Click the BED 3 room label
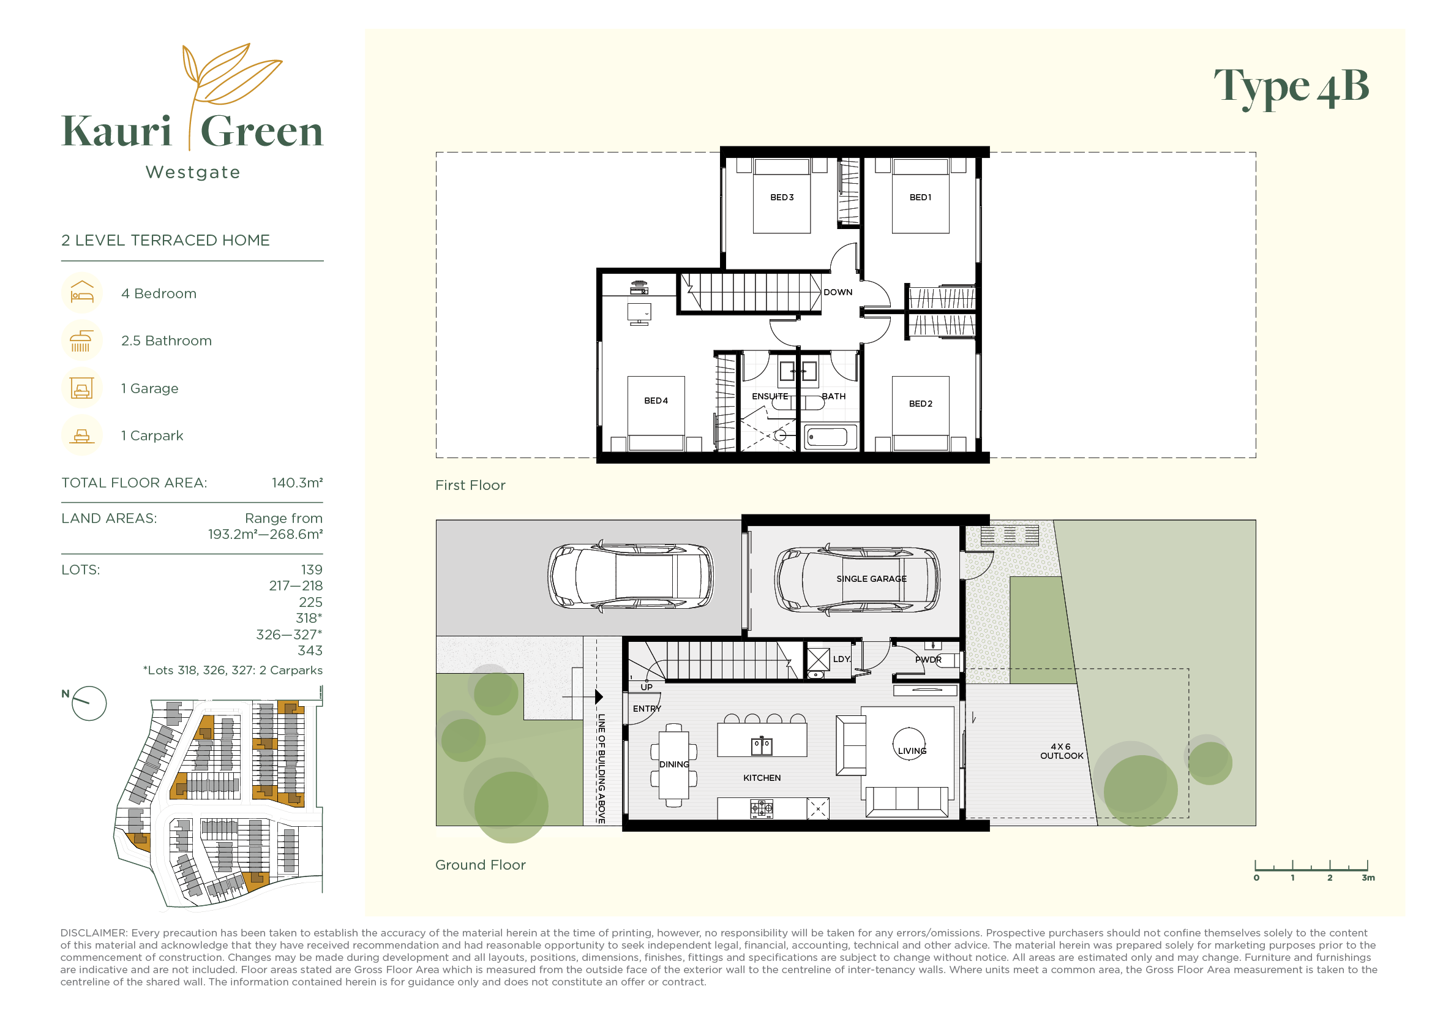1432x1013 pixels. (x=781, y=197)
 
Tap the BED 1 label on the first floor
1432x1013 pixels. (x=920, y=197)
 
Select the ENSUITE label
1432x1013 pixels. (x=770, y=396)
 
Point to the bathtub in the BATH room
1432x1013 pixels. (x=827, y=437)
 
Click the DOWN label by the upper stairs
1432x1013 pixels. (x=838, y=292)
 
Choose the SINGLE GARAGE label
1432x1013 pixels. (x=871, y=579)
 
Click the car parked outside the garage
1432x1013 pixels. (x=630, y=576)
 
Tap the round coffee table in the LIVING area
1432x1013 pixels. (x=909, y=744)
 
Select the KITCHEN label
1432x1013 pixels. (x=762, y=778)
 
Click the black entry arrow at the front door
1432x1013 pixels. (x=599, y=696)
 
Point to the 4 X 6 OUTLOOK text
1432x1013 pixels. (x=1062, y=751)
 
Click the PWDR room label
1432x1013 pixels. (x=928, y=660)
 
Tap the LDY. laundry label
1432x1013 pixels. (x=841, y=659)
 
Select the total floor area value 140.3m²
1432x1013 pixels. (x=297, y=483)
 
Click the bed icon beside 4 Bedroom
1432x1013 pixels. (x=81, y=293)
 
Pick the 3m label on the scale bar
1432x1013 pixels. (x=1368, y=878)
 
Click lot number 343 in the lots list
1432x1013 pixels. (x=310, y=650)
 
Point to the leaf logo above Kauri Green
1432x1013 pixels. (x=231, y=75)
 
